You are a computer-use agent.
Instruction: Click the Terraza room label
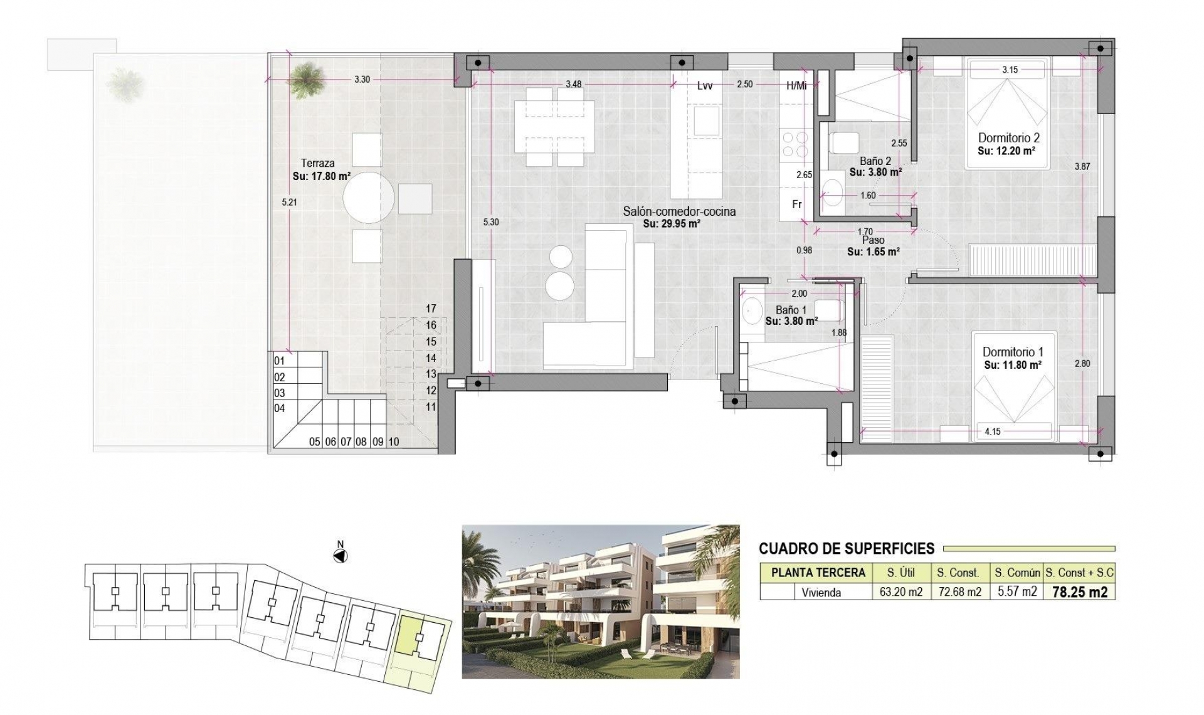317,163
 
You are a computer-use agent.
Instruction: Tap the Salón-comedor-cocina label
679,212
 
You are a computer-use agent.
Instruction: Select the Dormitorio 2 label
1009,138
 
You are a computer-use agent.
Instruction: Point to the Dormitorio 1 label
1013,352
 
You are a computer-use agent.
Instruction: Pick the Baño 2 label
875,161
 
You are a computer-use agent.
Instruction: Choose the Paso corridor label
873,240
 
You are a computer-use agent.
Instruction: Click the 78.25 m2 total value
1079,592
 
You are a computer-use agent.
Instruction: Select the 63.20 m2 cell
900,592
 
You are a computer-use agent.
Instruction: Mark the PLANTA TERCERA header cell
818,573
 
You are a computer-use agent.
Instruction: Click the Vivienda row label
821,592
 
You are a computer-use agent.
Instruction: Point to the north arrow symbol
341,556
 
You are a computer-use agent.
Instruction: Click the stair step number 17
431,309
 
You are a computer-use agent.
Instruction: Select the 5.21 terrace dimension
288,202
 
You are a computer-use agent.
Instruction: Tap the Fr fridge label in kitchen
797,204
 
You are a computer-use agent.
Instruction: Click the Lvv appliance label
704,86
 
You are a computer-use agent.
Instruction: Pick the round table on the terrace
369,198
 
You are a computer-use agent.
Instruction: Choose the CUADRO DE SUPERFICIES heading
847,549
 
